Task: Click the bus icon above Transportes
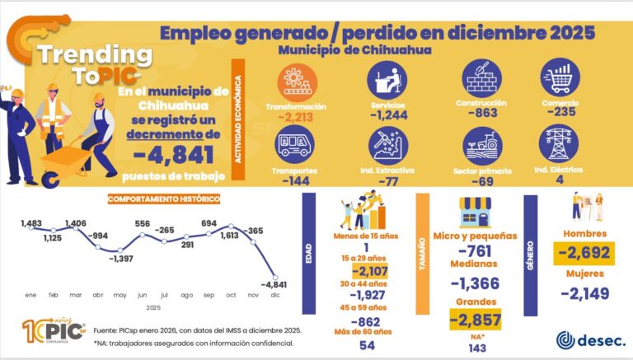point(293,145)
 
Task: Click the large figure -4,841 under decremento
point(175,153)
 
